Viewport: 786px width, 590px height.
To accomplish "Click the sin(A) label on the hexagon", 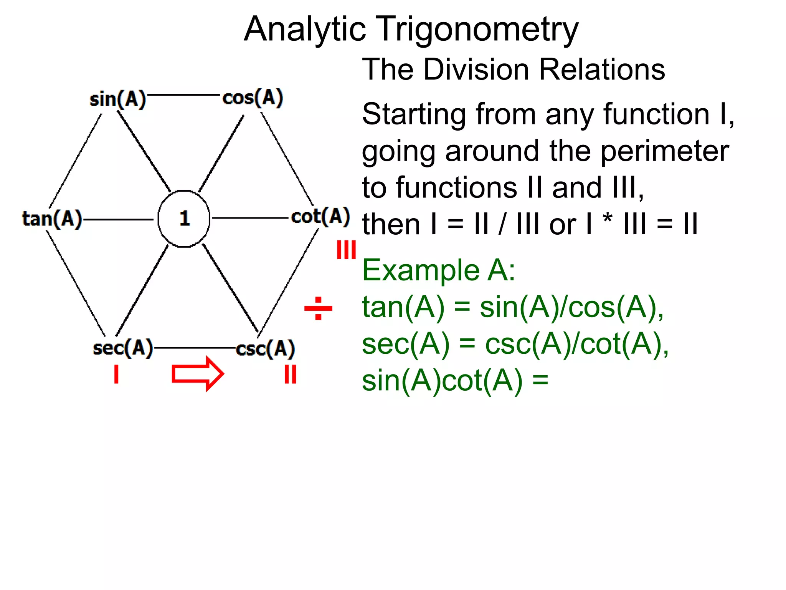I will point(118,99).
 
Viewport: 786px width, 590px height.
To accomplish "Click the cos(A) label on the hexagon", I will point(253,98).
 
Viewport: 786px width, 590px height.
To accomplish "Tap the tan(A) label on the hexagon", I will point(52,219).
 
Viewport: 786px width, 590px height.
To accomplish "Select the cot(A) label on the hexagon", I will point(320,216).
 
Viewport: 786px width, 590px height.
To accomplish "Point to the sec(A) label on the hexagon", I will point(123,348).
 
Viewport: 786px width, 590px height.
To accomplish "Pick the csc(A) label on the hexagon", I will point(265,349).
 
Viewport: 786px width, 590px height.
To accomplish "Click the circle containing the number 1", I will point(184,218).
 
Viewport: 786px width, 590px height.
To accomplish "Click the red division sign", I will point(318,308).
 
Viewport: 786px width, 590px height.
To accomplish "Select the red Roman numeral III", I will point(346,250).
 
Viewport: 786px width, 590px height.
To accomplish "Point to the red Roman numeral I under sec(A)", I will point(116,374).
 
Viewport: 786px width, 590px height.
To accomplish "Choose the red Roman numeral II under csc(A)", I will point(290,374).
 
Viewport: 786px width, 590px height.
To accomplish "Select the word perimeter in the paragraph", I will point(664,151).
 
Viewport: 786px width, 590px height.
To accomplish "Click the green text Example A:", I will point(438,270).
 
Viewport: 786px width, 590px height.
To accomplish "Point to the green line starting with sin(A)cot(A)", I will point(455,381).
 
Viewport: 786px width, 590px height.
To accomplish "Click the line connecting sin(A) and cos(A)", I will point(183,94).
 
